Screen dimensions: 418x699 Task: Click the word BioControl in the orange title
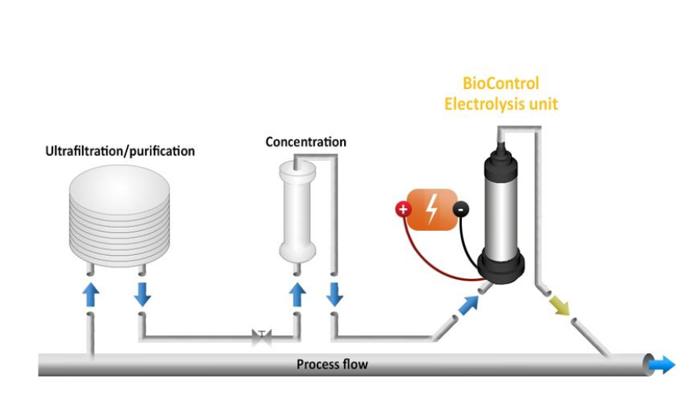pyautogui.click(x=501, y=83)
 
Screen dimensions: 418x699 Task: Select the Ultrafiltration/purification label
pyautogui.click(x=119, y=151)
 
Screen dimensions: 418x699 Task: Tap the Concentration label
pyautogui.click(x=306, y=142)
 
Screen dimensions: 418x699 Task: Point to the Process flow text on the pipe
pyautogui.click(x=332, y=364)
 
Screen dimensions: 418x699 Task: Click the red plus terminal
pyautogui.click(x=403, y=209)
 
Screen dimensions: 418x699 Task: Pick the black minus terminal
pyautogui.click(x=462, y=209)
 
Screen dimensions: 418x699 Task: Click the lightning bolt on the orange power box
pyautogui.click(x=431, y=209)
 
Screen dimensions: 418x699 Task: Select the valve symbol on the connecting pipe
pyautogui.click(x=261, y=338)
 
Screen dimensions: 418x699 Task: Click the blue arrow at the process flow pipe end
pyautogui.click(x=663, y=364)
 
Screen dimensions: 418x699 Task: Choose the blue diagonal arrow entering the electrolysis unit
pyautogui.click(x=468, y=304)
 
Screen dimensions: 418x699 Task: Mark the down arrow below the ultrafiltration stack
pyautogui.click(x=142, y=294)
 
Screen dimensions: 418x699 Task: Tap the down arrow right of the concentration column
pyautogui.click(x=335, y=294)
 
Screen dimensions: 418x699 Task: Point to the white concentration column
pyautogui.click(x=297, y=211)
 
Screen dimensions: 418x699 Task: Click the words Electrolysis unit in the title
pyautogui.click(x=501, y=104)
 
